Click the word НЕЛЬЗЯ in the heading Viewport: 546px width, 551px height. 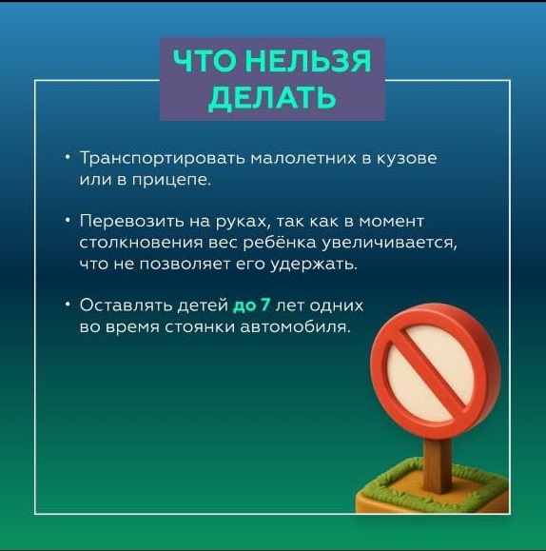click(x=306, y=61)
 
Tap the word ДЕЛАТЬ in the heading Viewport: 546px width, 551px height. click(x=272, y=97)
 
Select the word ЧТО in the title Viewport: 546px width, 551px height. click(x=205, y=61)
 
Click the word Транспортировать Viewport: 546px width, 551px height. click(x=163, y=158)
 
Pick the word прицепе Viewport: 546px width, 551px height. click(x=171, y=180)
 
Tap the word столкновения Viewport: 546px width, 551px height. click(x=141, y=243)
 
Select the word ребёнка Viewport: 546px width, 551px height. click(x=280, y=242)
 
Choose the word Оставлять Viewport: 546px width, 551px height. click(x=126, y=305)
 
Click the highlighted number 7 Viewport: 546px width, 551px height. click(x=265, y=305)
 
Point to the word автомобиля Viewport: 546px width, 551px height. click(x=296, y=326)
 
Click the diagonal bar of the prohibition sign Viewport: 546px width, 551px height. click(x=433, y=371)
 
